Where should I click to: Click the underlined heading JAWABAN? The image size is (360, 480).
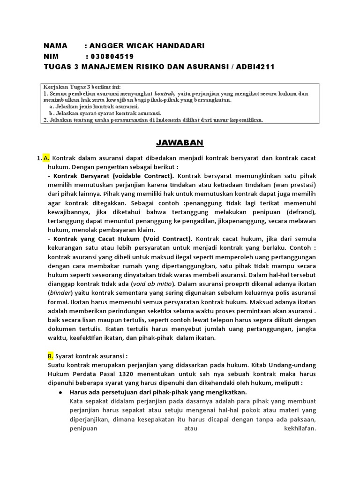click(x=180, y=142)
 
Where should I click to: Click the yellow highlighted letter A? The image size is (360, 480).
click(x=46, y=158)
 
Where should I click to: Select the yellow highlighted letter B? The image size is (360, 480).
click(x=51, y=356)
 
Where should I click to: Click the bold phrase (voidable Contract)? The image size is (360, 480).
click(x=143, y=176)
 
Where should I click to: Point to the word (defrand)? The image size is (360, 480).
click(x=300, y=212)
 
